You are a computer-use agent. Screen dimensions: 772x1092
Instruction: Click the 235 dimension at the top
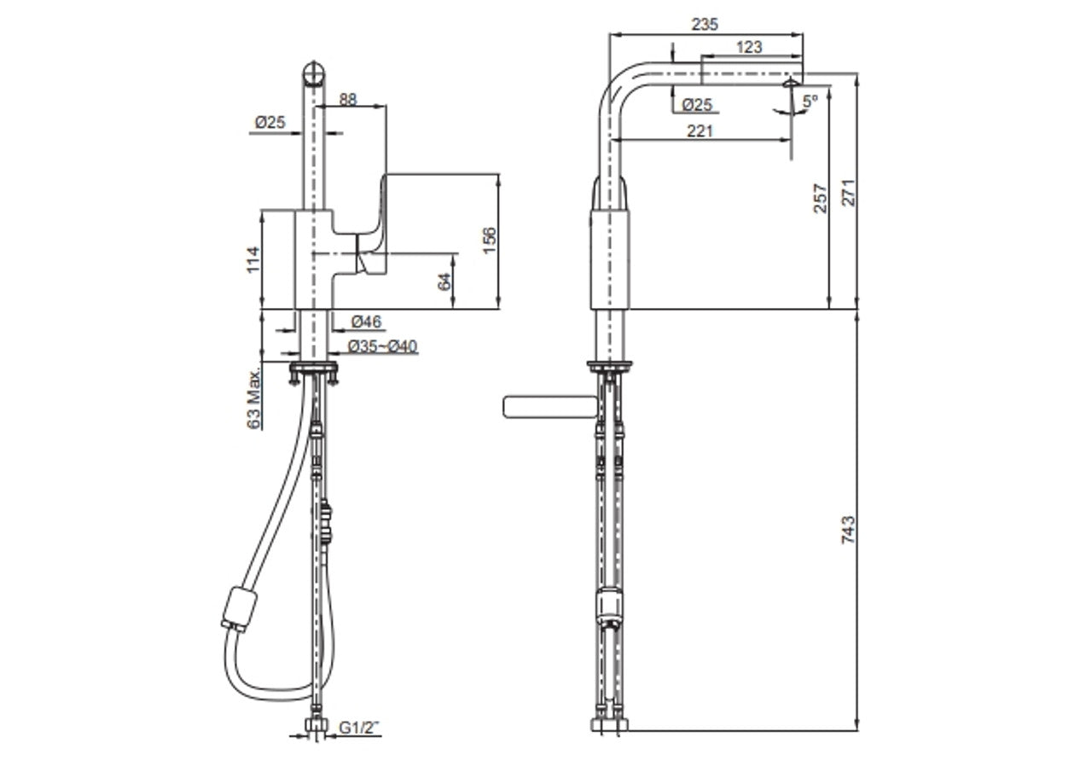705,24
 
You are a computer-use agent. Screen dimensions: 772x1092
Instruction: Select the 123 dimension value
748,48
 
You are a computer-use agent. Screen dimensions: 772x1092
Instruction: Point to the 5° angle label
810,101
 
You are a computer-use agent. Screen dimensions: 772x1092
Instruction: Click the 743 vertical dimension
847,529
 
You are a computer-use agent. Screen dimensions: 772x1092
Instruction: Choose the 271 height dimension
847,194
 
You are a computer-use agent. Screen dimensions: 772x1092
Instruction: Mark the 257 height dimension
820,198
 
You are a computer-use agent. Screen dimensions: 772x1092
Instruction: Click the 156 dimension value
489,241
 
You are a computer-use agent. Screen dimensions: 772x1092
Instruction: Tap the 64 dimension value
444,281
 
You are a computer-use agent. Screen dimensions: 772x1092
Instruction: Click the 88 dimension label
348,99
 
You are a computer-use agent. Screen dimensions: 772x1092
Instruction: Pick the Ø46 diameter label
367,321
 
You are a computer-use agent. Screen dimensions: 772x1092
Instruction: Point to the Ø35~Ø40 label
383,345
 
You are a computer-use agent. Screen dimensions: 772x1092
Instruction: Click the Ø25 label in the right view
698,104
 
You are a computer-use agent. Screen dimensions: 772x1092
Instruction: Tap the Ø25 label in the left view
269,123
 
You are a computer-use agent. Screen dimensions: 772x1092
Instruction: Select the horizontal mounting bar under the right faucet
546,407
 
